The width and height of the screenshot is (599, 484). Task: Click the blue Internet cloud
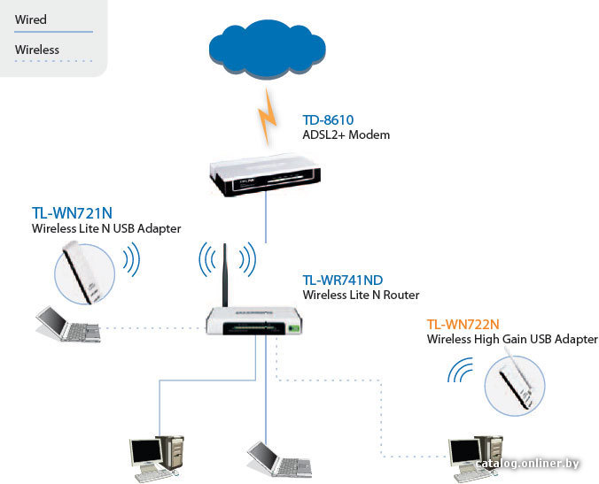click(268, 49)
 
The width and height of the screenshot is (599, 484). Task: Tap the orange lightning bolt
click(268, 116)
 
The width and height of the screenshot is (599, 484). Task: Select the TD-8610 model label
click(328, 119)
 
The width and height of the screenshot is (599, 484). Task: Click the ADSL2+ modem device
click(265, 174)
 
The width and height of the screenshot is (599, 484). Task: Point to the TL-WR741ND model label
click(343, 280)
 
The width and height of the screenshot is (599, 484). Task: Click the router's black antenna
click(225, 274)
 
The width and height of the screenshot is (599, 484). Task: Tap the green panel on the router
click(293, 328)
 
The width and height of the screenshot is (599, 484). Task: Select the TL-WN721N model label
click(72, 213)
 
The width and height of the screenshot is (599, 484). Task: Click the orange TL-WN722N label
click(463, 324)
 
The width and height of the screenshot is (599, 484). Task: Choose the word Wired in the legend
click(30, 19)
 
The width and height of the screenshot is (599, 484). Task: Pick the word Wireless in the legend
click(37, 50)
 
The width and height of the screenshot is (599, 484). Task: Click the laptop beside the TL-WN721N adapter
click(69, 324)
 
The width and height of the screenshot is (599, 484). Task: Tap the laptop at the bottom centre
click(280, 459)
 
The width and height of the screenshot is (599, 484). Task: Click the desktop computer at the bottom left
click(157, 457)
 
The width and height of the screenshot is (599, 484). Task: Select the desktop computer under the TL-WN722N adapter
click(476, 457)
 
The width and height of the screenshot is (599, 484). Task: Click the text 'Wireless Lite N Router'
click(361, 295)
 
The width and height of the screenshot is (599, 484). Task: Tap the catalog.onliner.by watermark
click(528, 464)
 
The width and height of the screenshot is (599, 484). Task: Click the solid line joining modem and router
click(266, 217)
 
